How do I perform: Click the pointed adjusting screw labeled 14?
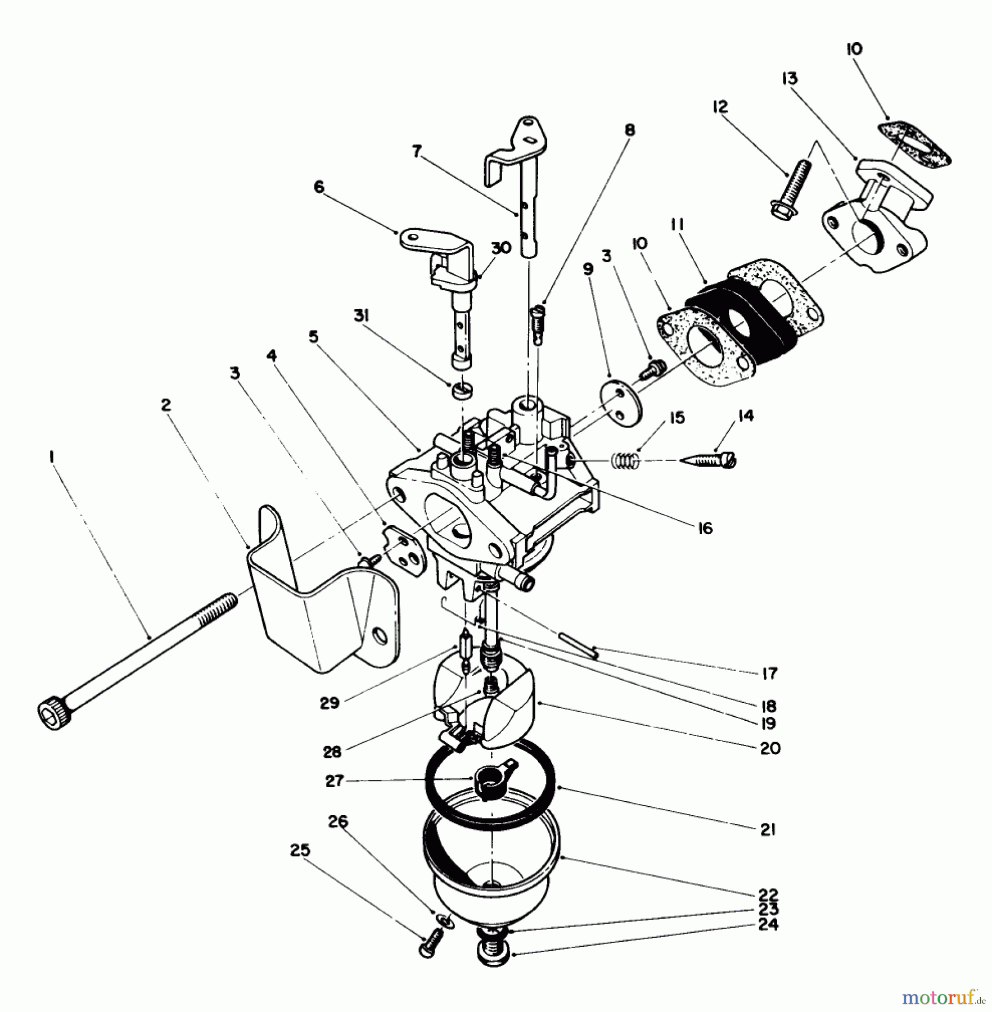click(x=710, y=459)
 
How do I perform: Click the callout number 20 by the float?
click(x=770, y=748)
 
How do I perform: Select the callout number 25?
click(x=300, y=851)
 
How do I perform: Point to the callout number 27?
click(x=335, y=781)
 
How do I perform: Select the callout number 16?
click(x=705, y=528)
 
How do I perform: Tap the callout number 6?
click(x=319, y=187)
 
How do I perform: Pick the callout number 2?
click(x=165, y=405)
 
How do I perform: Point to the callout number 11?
click(x=677, y=225)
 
